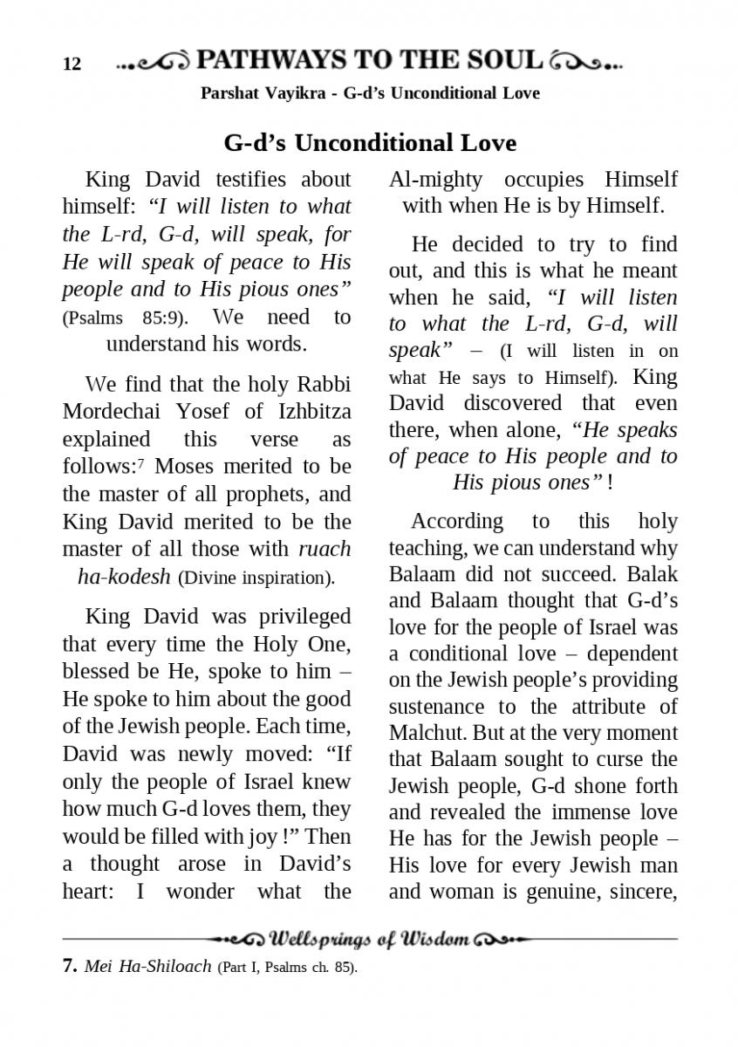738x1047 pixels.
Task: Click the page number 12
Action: [x=72, y=64]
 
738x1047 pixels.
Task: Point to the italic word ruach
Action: [x=325, y=549]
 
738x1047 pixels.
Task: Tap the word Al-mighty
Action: [x=435, y=180]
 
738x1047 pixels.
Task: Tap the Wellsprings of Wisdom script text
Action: [x=371, y=940]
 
